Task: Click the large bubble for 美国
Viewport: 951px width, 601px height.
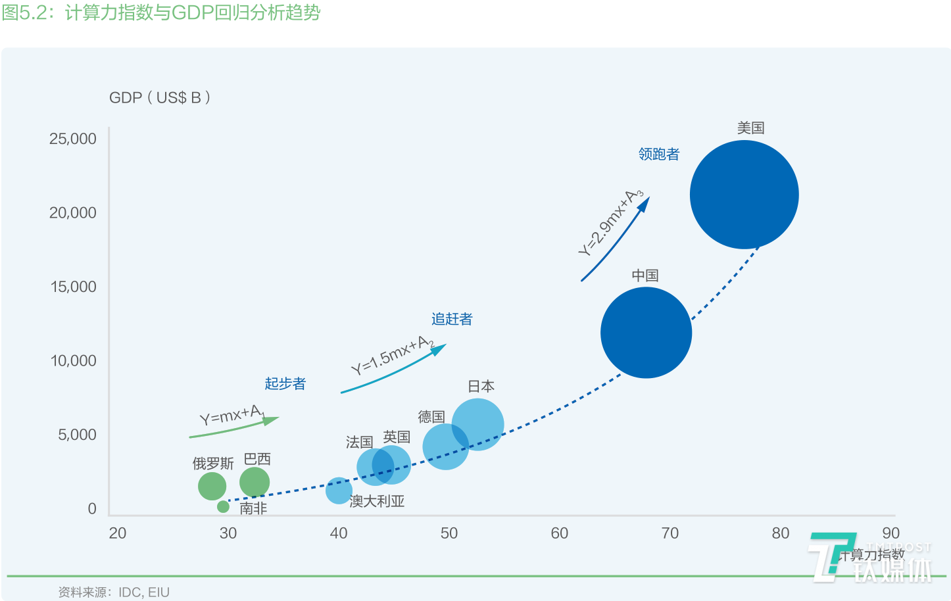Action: pyautogui.click(x=744, y=195)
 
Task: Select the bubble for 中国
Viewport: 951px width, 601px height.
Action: pyautogui.click(x=646, y=333)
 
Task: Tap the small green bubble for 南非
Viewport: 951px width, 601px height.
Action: pyautogui.click(x=223, y=506)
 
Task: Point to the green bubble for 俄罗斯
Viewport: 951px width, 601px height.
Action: pyautogui.click(x=212, y=487)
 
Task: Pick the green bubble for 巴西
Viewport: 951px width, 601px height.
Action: pyautogui.click(x=255, y=482)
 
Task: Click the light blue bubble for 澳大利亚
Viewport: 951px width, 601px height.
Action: pyautogui.click(x=339, y=491)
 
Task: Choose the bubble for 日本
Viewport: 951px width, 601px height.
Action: pyautogui.click(x=478, y=424)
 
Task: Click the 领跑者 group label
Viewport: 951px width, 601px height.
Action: pyautogui.click(x=658, y=155)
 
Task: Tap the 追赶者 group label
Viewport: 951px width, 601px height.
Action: pyautogui.click(x=452, y=320)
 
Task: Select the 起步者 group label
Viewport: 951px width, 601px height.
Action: pyautogui.click(x=285, y=384)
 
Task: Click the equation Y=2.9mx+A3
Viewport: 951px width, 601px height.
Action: pyautogui.click(x=611, y=223)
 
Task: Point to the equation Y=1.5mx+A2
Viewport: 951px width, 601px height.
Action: pyautogui.click(x=392, y=355)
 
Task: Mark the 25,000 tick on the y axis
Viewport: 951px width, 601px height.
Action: pyautogui.click(x=72, y=139)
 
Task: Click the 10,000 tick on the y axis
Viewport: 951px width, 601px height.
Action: pyautogui.click(x=73, y=360)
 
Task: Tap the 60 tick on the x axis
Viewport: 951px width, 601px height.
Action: pyautogui.click(x=560, y=533)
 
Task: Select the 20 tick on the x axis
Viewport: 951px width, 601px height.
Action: pyautogui.click(x=118, y=533)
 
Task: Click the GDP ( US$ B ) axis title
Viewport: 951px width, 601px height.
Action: pyautogui.click(x=160, y=98)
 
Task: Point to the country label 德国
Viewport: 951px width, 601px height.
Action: pyautogui.click(x=431, y=417)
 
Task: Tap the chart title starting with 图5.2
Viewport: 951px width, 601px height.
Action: pyautogui.click(x=161, y=13)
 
